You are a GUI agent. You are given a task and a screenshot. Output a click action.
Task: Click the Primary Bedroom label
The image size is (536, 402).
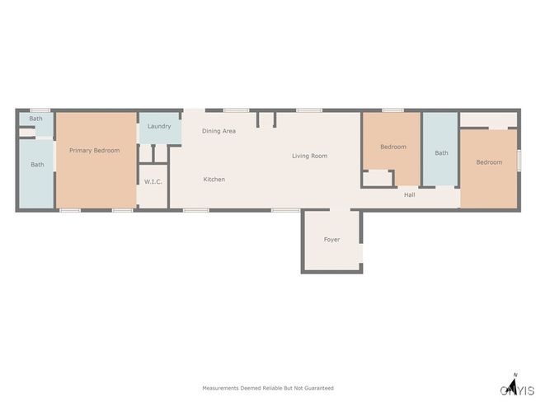click(x=94, y=150)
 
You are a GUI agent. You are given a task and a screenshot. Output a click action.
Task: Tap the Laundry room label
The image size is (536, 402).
click(x=159, y=126)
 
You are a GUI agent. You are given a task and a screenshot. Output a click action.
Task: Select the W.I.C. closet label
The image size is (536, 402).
click(x=153, y=181)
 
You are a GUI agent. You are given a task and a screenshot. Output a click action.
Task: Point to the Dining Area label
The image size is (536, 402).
click(x=219, y=131)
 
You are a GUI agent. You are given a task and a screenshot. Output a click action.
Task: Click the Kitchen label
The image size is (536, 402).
click(x=214, y=180)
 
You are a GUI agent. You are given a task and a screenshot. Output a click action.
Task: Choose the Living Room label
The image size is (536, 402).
click(x=309, y=156)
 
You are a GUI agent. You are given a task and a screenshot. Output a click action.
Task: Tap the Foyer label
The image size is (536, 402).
click(x=331, y=240)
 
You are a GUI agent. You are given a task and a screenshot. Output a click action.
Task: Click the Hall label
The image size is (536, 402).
click(x=409, y=194)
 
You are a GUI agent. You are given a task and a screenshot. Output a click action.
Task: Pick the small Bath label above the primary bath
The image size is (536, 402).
click(x=35, y=119)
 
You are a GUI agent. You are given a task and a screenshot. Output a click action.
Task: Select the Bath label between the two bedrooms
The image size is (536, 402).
click(x=441, y=153)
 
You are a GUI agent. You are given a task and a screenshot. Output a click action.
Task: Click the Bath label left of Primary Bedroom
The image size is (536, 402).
click(x=37, y=165)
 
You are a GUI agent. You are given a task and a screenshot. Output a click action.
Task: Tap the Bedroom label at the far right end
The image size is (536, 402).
click(x=489, y=162)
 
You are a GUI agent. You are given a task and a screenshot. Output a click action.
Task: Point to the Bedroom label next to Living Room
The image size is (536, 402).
click(x=393, y=147)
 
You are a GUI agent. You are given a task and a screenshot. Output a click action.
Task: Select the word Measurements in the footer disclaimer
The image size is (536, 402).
click(x=220, y=388)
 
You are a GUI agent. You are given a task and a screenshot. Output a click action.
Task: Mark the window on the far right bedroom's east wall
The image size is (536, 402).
click(x=519, y=161)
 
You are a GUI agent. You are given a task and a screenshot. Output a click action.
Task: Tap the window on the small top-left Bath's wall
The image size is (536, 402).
click(x=40, y=110)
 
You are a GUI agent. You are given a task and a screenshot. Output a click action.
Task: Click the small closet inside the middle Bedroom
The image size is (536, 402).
click(x=378, y=178)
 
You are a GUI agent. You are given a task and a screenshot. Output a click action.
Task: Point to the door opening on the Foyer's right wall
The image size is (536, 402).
click(x=361, y=253)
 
